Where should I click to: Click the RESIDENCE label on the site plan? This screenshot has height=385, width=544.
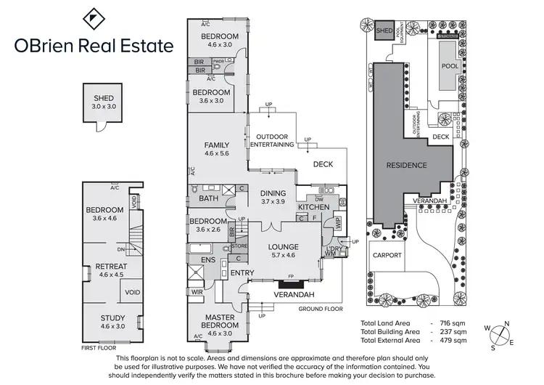pos(406,165)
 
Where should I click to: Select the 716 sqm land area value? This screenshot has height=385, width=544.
pos(453,322)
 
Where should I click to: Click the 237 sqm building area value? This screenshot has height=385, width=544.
pos(453,331)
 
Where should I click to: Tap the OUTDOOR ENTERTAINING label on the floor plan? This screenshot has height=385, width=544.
pos(271,140)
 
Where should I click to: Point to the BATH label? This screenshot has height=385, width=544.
pos(209,198)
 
